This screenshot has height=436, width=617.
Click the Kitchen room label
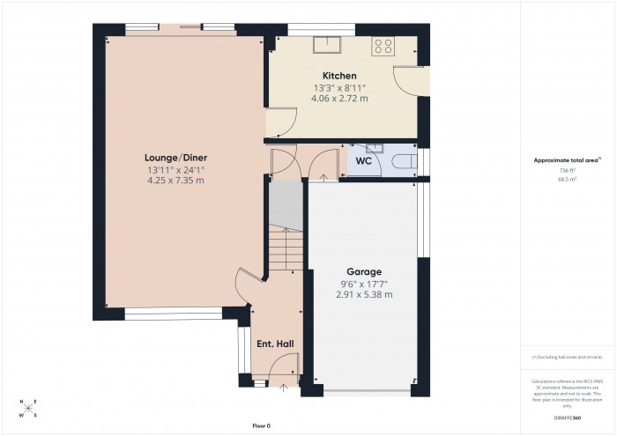pos(339,76)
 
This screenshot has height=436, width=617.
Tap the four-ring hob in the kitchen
pos(383,47)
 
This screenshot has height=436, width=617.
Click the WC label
pos(363,161)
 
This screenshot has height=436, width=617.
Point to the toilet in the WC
pos(402,159)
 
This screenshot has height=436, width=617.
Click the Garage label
pos(363,271)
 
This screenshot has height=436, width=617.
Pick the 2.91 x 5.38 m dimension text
pos(363,294)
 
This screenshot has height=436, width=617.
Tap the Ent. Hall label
pos(274,344)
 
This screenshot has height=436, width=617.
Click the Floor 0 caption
pos(262,425)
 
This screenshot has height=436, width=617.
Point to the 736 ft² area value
pos(567,169)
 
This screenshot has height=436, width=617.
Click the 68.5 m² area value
pos(567,178)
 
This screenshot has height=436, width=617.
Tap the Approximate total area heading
pos(567,159)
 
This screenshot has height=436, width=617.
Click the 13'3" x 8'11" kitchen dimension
pos(339,87)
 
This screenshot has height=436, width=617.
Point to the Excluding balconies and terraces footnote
pos(567,357)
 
